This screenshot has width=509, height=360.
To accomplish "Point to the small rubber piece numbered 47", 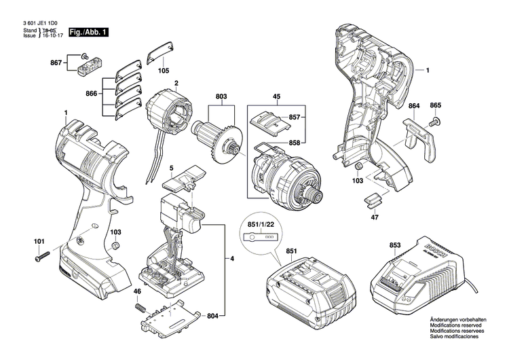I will [x=373, y=199].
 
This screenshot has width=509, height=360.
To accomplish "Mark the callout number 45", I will [x=277, y=97].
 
